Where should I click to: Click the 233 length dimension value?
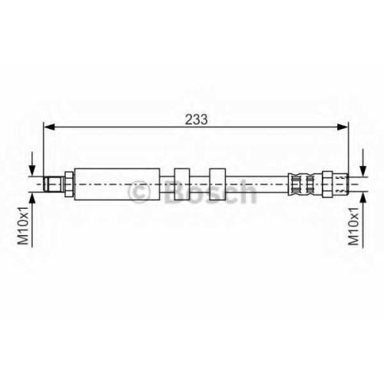pos(197,119)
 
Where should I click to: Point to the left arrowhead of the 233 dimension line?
pos(49,127)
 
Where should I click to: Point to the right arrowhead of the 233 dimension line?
pos(343,127)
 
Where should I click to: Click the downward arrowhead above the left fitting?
pos(32,170)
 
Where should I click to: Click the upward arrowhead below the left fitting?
pos(32,198)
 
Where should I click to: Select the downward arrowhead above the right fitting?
pos(362,170)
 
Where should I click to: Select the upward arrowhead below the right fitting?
pos(362,198)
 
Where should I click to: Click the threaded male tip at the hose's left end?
pos(53,184)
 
